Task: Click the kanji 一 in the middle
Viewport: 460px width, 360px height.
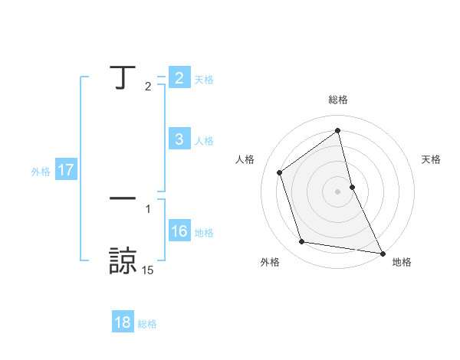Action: [x=122, y=198]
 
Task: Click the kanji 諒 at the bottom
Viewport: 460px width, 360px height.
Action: [x=123, y=260]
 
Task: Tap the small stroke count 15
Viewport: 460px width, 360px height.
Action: [x=147, y=270]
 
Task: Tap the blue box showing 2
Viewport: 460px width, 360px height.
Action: [x=179, y=78]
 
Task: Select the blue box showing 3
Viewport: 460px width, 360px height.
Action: [x=179, y=139]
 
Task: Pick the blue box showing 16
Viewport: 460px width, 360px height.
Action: [x=179, y=231]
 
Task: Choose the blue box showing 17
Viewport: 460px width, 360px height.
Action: [x=66, y=171]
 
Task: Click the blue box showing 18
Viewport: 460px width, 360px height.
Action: [x=123, y=322]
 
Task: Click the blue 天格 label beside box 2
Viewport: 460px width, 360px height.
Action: [x=204, y=79]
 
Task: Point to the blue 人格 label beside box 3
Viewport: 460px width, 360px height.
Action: [x=204, y=140]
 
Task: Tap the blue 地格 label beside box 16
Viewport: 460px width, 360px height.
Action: [x=204, y=232]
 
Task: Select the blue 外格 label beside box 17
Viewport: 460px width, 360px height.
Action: [x=41, y=172]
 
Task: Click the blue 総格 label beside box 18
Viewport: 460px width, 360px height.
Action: [x=147, y=324]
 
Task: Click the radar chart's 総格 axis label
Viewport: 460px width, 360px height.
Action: [x=338, y=100]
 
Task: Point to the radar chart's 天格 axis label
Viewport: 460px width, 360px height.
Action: [x=432, y=159]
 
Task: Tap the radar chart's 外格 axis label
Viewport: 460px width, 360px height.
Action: [x=270, y=262]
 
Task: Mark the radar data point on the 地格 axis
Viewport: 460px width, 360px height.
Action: [x=382, y=253]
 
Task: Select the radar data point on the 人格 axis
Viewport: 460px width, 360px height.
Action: [x=279, y=172]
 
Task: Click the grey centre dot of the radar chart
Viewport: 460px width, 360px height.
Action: [x=337, y=191]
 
